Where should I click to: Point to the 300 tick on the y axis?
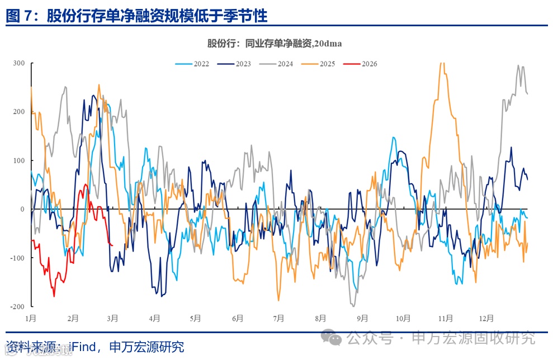(x=18, y=63)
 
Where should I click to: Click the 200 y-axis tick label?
(x=18, y=112)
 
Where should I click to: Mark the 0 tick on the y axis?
(x=22, y=209)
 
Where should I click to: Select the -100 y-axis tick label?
(x=17, y=258)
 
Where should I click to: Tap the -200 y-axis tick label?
(x=17, y=306)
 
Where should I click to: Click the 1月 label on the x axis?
(x=31, y=319)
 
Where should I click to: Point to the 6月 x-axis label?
(x=237, y=319)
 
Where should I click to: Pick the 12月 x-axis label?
(x=486, y=319)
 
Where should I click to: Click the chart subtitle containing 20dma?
(x=275, y=44)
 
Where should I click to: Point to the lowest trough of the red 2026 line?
(x=54, y=296)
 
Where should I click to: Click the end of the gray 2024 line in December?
(x=528, y=94)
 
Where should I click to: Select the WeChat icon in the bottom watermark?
(x=335, y=338)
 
